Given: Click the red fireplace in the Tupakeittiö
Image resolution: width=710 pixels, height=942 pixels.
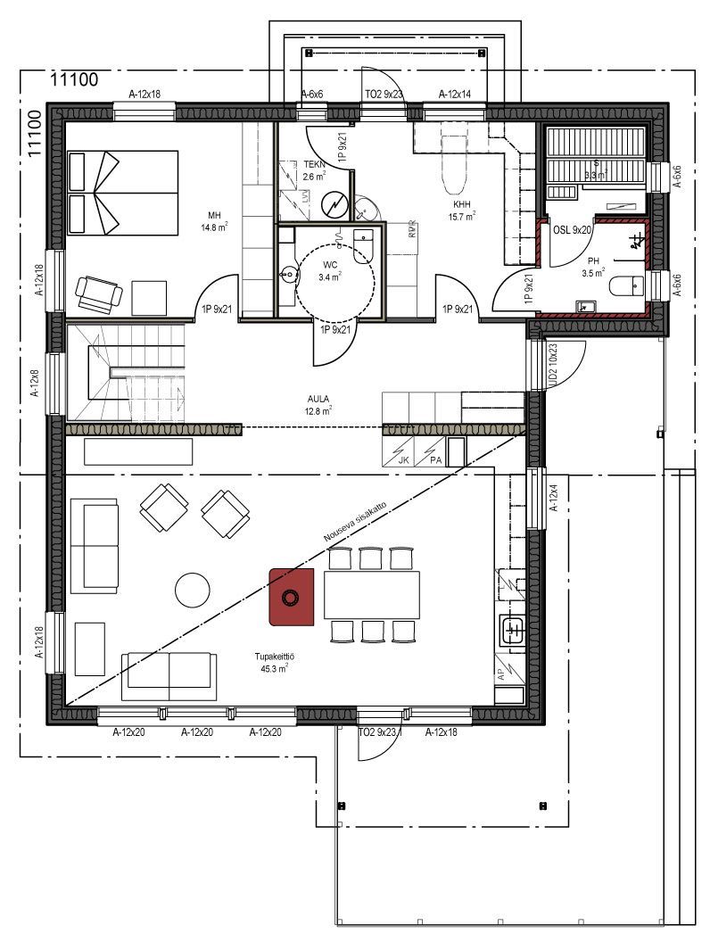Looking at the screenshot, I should pyautogui.click(x=292, y=597).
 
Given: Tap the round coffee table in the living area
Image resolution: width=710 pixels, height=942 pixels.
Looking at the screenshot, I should pyautogui.click(x=194, y=590).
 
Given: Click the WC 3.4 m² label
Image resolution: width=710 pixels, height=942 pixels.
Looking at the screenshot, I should pyautogui.click(x=330, y=270).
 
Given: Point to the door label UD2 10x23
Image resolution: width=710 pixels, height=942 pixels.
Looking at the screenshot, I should pyautogui.click(x=553, y=366).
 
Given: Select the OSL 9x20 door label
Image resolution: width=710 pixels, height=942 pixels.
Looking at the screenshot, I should pyautogui.click(x=573, y=229).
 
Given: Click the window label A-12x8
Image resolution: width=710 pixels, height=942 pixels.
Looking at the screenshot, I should pyautogui.click(x=36, y=382).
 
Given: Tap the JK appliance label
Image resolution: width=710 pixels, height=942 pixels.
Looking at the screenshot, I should pyautogui.click(x=403, y=460).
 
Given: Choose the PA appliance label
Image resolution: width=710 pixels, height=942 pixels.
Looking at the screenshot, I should pyautogui.click(x=435, y=460).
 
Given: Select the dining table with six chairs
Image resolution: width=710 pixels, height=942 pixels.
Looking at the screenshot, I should pyautogui.click(x=372, y=595).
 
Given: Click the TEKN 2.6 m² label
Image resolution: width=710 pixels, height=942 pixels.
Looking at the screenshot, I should pyautogui.click(x=314, y=170).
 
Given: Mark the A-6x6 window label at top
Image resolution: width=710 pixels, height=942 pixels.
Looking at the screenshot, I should pyautogui.click(x=311, y=94).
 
